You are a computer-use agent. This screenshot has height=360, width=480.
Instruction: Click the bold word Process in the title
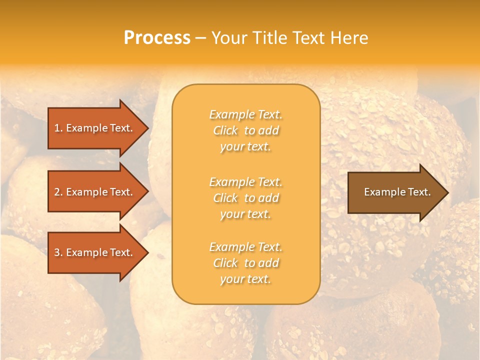(x=157, y=38)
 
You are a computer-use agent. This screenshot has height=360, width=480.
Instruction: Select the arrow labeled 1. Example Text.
(x=95, y=128)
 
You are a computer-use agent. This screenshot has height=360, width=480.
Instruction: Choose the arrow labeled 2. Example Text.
(x=95, y=192)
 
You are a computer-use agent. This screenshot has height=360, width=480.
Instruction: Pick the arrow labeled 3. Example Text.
(x=95, y=252)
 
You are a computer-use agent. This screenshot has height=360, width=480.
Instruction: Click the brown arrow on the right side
(x=395, y=192)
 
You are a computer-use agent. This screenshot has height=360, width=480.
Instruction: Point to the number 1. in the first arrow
(x=58, y=128)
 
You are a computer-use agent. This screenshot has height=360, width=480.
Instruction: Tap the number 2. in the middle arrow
(x=58, y=192)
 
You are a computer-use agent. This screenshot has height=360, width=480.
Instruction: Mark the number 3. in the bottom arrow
(x=58, y=252)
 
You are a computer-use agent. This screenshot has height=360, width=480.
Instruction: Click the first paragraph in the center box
(x=246, y=130)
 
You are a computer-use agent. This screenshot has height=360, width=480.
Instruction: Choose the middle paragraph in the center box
(x=246, y=198)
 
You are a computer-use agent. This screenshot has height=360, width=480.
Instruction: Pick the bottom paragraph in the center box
(x=246, y=263)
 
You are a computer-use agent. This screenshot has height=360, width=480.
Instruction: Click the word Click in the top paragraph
(x=225, y=130)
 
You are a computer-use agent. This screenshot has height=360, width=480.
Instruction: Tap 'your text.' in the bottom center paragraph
(x=245, y=279)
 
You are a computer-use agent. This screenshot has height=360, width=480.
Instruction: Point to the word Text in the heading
(x=308, y=38)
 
